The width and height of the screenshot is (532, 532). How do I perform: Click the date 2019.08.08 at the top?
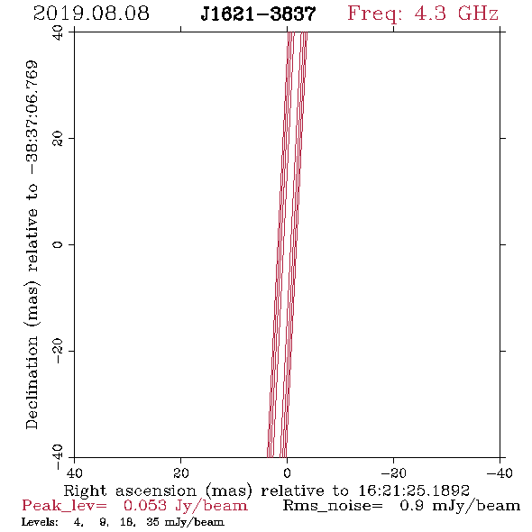tap(91, 14)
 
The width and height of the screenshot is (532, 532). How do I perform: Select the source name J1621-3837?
tap(258, 14)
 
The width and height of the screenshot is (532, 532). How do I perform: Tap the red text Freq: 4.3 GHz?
tap(423, 14)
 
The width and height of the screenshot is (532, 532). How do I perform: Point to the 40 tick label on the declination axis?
tap(58, 33)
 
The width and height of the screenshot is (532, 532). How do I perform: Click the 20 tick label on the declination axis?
tap(58, 139)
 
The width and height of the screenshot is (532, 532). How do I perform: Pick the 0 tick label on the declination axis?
tap(58, 244)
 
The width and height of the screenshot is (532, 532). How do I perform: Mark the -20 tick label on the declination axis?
tap(58, 351)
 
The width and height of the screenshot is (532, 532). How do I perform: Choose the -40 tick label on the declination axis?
tap(58, 457)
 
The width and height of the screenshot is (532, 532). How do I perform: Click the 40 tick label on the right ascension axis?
tap(75, 473)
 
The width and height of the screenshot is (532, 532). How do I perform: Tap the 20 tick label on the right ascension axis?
tap(181, 473)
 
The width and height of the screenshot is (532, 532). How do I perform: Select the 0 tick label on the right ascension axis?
tap(287, 473)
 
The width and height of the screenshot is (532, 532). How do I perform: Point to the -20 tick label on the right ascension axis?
tap(393, 473)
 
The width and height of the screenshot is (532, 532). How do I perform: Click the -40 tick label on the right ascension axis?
tap(500, 473)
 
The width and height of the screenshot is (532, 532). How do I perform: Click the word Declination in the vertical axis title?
tap(32, 382)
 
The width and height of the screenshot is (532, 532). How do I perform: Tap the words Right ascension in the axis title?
tap(130, 491)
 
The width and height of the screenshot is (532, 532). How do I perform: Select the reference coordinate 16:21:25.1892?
tap(414, 491)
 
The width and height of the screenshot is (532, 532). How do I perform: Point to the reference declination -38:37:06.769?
tap(32, 118)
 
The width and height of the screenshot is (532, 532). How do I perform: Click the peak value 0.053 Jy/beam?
tap(186, 506)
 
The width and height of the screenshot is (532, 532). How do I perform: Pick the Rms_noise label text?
tap(333, 506)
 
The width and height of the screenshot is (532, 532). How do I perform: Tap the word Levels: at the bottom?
tap(40, 521)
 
